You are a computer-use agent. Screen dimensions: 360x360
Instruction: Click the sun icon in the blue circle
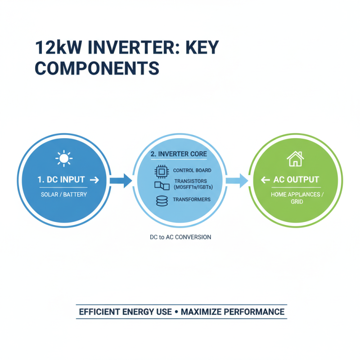click(63, 158)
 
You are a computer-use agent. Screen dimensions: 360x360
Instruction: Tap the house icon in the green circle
click(294, 159)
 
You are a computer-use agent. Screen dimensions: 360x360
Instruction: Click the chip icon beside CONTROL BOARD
click(161, 171)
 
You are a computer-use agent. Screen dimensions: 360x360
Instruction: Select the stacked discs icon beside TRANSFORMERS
click(161, 201)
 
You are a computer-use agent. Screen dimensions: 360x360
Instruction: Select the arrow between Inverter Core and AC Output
click(236, 181)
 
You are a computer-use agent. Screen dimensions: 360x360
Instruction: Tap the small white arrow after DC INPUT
click(94, 180)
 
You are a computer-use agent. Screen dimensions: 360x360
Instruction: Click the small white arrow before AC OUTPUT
click(265, 180)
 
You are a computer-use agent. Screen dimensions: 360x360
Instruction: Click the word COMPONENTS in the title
click(97, 68)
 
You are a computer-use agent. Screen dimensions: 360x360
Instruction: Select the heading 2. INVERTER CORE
click(179, 154)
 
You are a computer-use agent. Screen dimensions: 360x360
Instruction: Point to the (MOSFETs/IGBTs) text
click(192, 188)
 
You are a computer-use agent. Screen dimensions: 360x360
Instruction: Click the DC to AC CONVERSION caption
click(180, 237)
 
